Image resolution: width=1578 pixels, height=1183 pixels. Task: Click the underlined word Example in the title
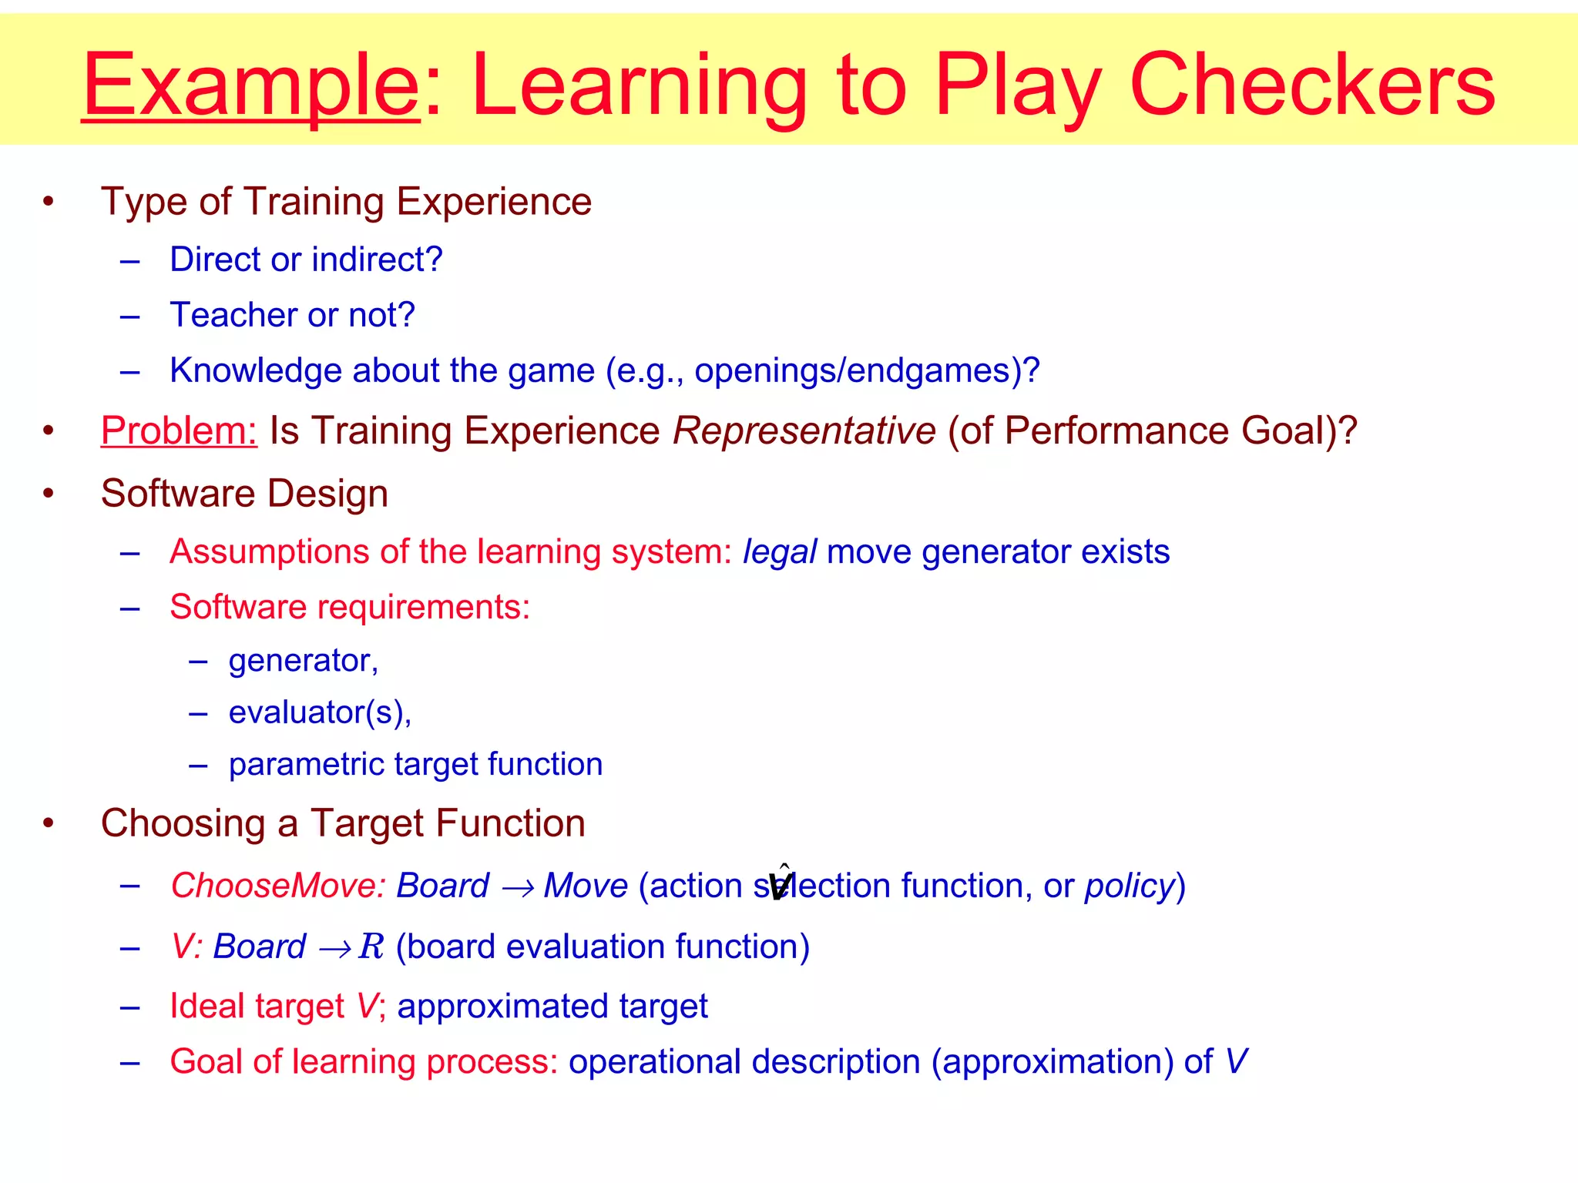[x=250, y=85]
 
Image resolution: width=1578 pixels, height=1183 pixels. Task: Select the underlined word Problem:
[x=179, y=431]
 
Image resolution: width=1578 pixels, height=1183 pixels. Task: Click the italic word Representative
[x=804, y=431]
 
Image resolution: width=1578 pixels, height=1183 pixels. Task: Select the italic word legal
[x=778, y=552]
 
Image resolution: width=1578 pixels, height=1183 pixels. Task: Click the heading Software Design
[x=244, y=494]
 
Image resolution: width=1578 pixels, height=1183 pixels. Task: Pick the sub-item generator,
[x=303, y=661]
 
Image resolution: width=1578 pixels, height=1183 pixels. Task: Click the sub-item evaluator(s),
[x=320, y=712]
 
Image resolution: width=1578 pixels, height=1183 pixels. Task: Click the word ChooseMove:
[x=277, y=886]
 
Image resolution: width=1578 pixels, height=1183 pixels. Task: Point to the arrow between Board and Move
[x=517, y=888]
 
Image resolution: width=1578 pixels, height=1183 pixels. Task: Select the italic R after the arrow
[x=371, y=947]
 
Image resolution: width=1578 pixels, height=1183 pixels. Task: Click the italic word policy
[x=1129, y=886]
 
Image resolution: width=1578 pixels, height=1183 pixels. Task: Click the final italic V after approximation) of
[x=1235, y=1061]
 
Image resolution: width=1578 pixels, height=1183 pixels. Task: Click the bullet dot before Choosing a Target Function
[x=49, y=823]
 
